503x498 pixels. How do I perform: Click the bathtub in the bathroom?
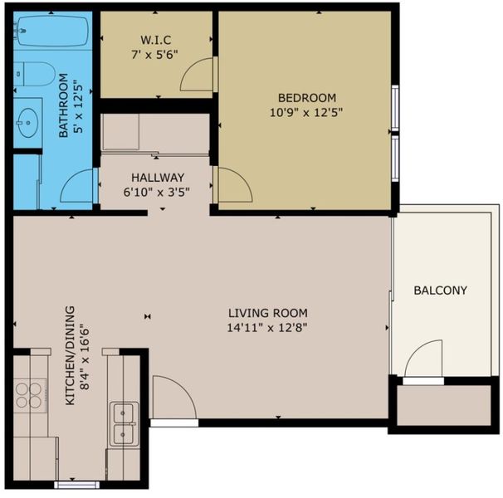point(53,32)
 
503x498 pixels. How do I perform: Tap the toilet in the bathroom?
point(33,74)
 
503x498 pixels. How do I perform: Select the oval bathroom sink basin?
point(28,123)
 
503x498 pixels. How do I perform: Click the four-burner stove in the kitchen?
point(31,395)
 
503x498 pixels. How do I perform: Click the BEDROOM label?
point(307,98)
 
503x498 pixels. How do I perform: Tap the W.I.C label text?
point(155,40)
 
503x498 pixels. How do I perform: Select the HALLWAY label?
point(158,178)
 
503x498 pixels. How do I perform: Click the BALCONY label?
point(440,290)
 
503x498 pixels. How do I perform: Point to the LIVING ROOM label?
point(268,313)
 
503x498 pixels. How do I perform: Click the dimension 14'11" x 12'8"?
point(267,328)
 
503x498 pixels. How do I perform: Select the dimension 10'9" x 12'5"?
point(306,113)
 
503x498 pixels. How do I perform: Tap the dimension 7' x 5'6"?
point(154,55)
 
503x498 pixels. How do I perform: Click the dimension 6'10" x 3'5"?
point(157,193)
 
